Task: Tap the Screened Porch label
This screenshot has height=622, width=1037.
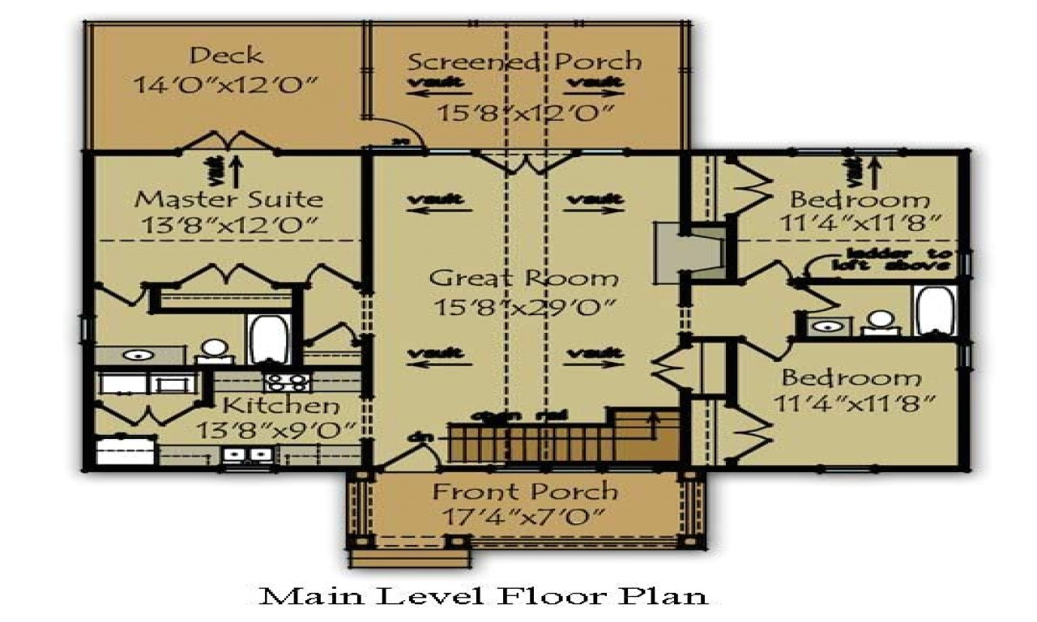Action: coord(524,62)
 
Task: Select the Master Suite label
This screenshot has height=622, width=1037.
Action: coord(228,198)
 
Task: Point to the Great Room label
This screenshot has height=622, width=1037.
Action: coord(523,279)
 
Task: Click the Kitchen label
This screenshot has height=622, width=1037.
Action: coord(281,405)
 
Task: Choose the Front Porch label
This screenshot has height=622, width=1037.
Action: coord(525,491)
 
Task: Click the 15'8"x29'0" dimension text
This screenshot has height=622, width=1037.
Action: coord(523,308)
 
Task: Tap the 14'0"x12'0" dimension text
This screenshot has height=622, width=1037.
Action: coord(226,84)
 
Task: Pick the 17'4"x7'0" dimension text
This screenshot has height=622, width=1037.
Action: coord(525,516)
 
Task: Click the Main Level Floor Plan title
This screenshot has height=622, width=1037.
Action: coord(484,596)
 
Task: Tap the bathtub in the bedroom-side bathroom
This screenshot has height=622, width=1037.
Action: coord(934,310)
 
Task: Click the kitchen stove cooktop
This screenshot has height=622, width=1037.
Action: coord(286,382)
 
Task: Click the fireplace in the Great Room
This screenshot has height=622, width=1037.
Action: coord(689,254)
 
